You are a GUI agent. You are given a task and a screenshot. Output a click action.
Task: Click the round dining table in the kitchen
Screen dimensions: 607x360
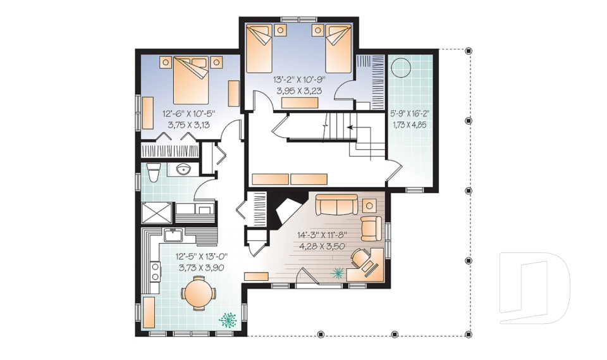pyautogui.click(x=199, y=294)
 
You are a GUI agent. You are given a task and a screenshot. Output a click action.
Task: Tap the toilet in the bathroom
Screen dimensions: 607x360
pyautogui.click(x=154, y=172)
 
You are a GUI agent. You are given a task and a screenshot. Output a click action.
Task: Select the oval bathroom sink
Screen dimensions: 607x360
pyautogui.click(x=183, y=169)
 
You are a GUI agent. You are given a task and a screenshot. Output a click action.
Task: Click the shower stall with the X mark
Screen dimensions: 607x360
pyautogui.click(x=156, y=213)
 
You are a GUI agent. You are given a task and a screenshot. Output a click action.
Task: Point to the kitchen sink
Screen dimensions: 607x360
pyautogui.click(x=173, y=235)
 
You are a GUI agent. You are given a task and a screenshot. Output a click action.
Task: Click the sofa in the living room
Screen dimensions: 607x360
pyautogui.click(x=336, y=204)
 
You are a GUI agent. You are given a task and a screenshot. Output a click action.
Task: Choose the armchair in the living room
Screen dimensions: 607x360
pyautogui.click(x=371, y=228)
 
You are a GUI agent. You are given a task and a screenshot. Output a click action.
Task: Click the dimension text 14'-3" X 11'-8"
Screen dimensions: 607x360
pyautogui.click(x=321, y=235)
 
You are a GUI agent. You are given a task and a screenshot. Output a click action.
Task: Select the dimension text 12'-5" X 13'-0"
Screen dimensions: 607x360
pyautogui.click(x=201, y=256)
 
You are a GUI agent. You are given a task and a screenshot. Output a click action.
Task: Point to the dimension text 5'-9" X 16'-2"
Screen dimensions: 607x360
pyautogui.click(x=410, y=113)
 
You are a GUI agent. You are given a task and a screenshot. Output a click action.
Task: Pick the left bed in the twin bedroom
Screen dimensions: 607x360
pyautogui.click(x=259, y=48)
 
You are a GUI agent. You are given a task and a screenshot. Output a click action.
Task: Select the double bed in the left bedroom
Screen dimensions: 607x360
pyautogui.click(x=191, y=80)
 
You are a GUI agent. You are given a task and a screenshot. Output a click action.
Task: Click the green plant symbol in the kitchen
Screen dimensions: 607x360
pyautogui.click(x=228, y=320)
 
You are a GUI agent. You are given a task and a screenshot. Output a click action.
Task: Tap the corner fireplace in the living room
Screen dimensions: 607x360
pyautogui.click(x=288, y=213)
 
